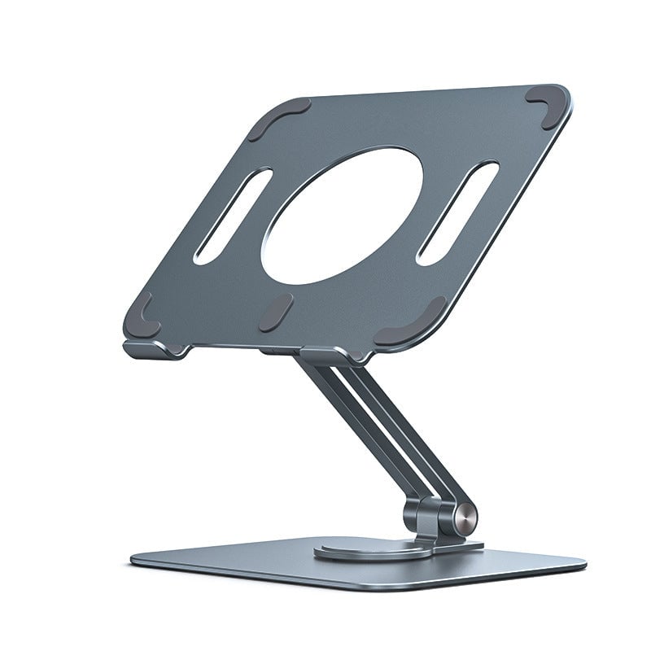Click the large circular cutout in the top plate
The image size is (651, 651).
[342, 216]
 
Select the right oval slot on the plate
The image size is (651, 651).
[457, 212]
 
